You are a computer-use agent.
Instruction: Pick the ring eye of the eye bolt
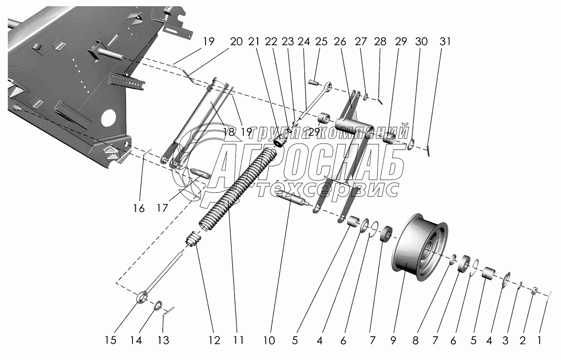[141, 298]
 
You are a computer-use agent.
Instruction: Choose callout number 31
[444, 42]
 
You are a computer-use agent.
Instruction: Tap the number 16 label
[139, 208]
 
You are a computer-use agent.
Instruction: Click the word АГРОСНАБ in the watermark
[304, 166]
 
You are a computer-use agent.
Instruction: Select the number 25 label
[321, 42]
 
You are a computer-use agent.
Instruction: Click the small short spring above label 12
[193, 239]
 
